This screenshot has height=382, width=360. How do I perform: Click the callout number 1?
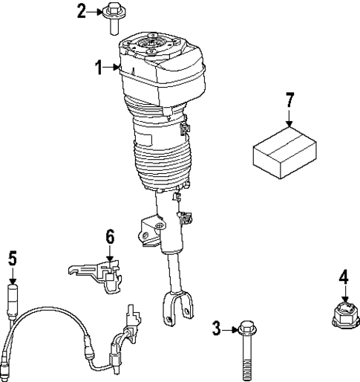coord(98,68)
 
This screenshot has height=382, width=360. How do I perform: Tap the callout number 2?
coord(82,10)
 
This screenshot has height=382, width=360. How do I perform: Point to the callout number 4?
coord(343,277)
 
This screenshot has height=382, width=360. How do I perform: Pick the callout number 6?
coord(109,237)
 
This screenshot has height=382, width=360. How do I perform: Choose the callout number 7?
coord(289,100)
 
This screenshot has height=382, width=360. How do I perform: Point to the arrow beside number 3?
coord(229,327)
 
